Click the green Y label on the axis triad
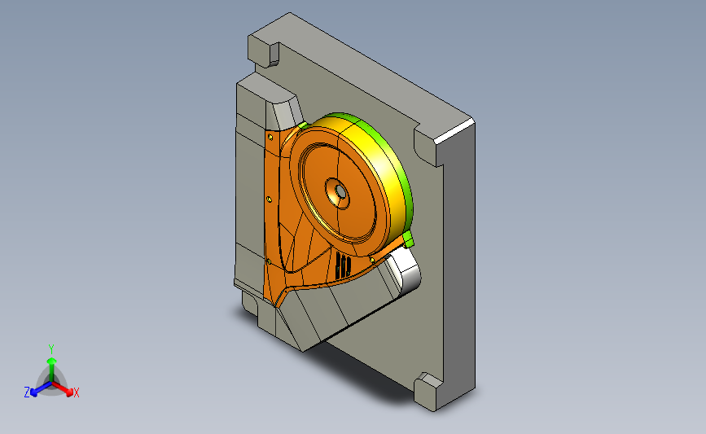[51, 349]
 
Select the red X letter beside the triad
[76, 392]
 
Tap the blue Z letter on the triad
[27, 392]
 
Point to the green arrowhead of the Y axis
[52, 361]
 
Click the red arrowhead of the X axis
[69, 392]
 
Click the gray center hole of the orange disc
[340, 192]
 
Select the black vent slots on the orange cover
[343, 265]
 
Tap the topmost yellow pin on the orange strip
[270, 137]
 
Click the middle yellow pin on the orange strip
[270, 199]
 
